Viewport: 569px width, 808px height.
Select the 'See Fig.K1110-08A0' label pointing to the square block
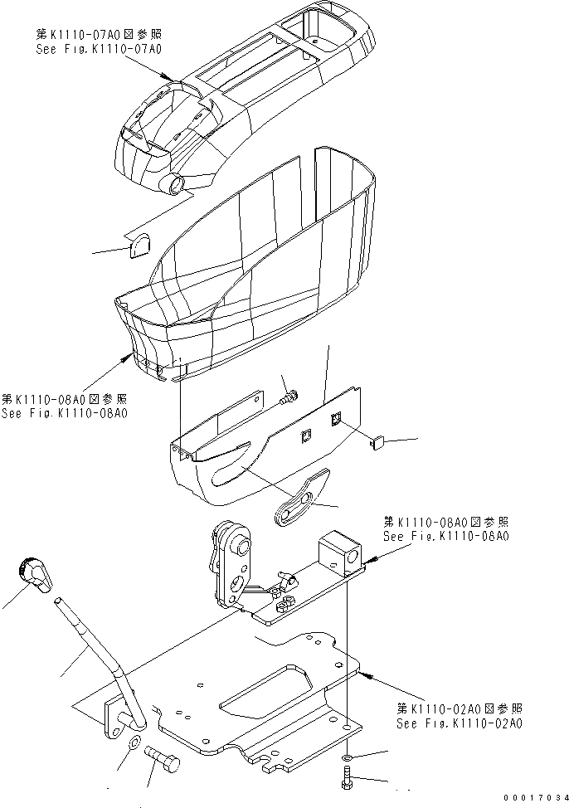tap(446, 537)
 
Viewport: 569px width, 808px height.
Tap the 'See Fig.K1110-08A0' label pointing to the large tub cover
tap(64, 412)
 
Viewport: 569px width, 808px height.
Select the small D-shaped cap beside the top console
tap(140, 246)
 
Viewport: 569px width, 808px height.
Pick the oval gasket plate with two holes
tap(299, 500)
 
